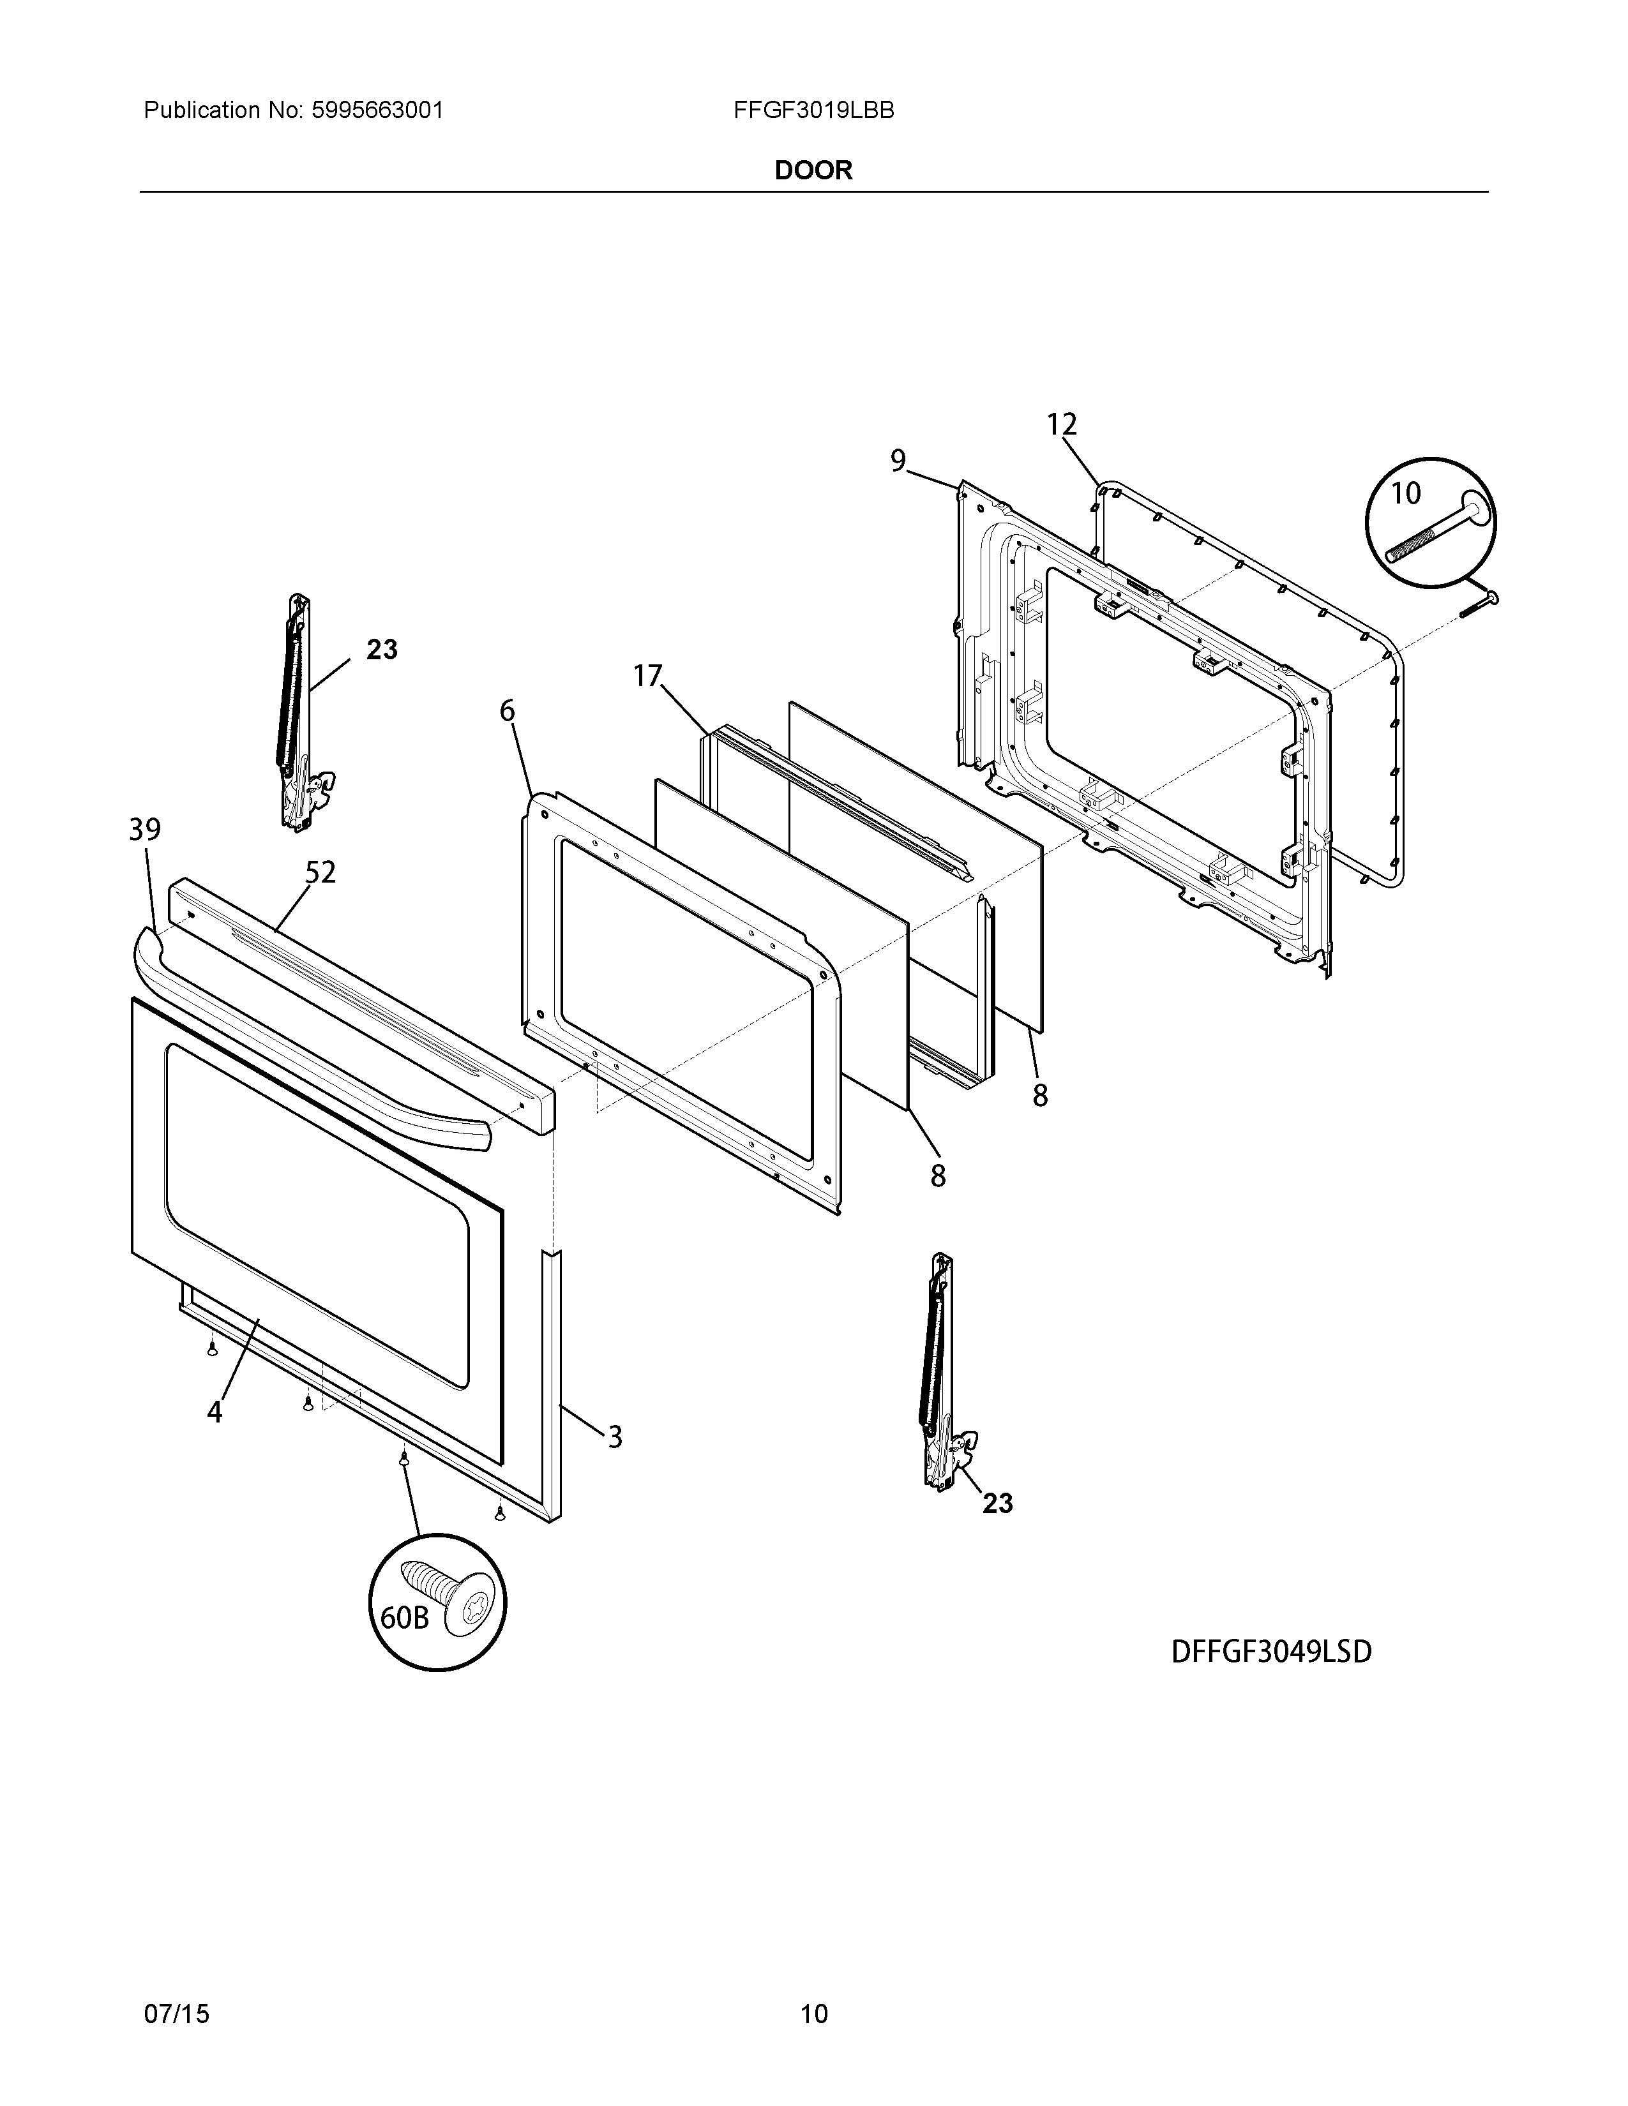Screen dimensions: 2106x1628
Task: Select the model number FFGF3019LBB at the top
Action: coord(813,111)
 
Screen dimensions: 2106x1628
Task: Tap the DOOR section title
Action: coord(813,170)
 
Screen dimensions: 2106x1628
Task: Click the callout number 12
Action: coord(1061,424)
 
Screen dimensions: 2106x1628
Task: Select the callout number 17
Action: coord(648,676)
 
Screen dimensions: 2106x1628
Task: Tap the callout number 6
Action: coord(508,712)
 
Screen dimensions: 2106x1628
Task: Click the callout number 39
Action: coord(145,829)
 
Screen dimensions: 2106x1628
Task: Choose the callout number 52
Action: coord(320,872)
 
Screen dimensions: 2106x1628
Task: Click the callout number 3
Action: coord(614,1464)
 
